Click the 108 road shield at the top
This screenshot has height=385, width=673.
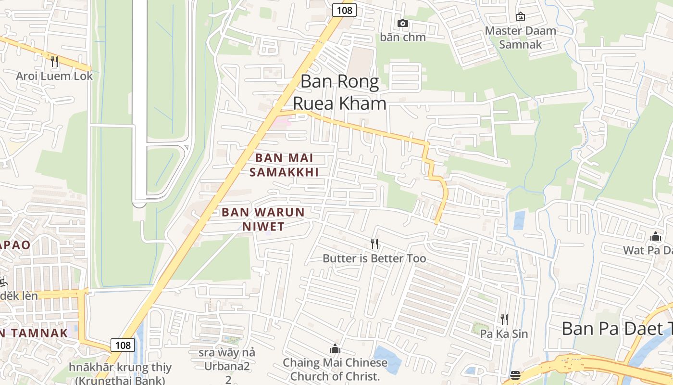click(x=344, y=10)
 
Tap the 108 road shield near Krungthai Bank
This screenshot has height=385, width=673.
click(x=123, y=345)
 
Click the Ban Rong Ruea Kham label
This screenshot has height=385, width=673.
click(x=339, y=92)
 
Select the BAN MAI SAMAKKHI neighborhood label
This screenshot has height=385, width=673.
click(x=284, y=165)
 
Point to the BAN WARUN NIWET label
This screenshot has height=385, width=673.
click(x=263, y=219)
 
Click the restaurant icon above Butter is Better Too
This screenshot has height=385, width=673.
click(x=374, y=244)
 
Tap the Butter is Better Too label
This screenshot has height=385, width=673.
click(x=374, y=258)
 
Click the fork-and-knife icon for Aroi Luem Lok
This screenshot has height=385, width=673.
click(x=54, y=62)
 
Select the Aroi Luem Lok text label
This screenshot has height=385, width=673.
click(x=54, y=76)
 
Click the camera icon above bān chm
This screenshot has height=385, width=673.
click(x=403, y=23)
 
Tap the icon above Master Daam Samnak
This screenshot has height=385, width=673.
click(x=521, y=17)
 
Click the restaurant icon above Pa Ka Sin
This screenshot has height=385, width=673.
click(x=504, y=319)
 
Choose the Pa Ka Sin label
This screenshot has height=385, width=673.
click(x=504, y=334)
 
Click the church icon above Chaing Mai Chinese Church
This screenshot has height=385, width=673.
click(x=335, y=348)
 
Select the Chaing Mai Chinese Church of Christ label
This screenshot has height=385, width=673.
click(x=335, y=369)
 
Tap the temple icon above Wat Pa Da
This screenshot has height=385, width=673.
click(x=656, y=236)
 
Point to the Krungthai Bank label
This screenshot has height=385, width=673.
click(x=120, y=374)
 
